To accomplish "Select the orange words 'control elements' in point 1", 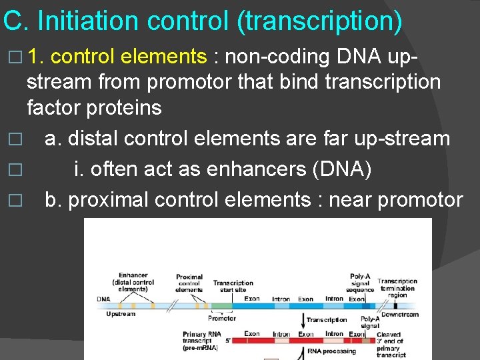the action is point(129,57).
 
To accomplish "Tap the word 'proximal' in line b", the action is point(113,199).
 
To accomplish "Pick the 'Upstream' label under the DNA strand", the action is point(121,313).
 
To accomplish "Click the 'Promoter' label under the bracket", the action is point(221,318).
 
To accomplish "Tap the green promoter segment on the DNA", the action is point(221,306).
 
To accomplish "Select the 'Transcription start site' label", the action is point(233,287).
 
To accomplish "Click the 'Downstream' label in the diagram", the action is point(399,314).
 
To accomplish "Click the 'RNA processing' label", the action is point(331,351).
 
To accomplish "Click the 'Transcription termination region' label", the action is point(397,288).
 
